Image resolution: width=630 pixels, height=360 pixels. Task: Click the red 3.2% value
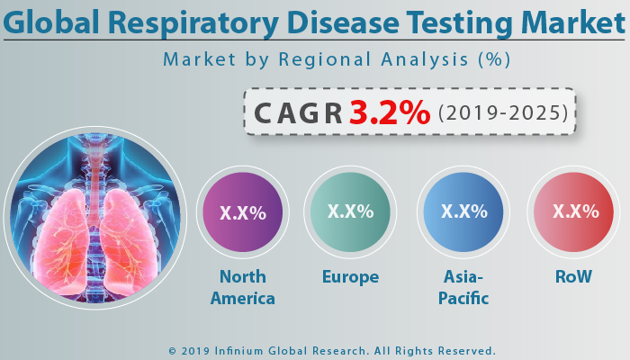[390, 112]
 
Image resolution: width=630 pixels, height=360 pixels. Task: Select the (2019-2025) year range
[503, 113]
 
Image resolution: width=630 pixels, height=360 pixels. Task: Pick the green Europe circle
[350, 212]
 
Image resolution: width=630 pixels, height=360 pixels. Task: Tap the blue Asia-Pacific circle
[463, 212]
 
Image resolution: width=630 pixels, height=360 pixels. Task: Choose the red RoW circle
[574, 212]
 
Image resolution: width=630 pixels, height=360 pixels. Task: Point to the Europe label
[350, 277]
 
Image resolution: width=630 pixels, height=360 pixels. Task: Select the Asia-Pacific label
[463, 287]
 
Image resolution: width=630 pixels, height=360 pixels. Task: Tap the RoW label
[574, 277]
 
